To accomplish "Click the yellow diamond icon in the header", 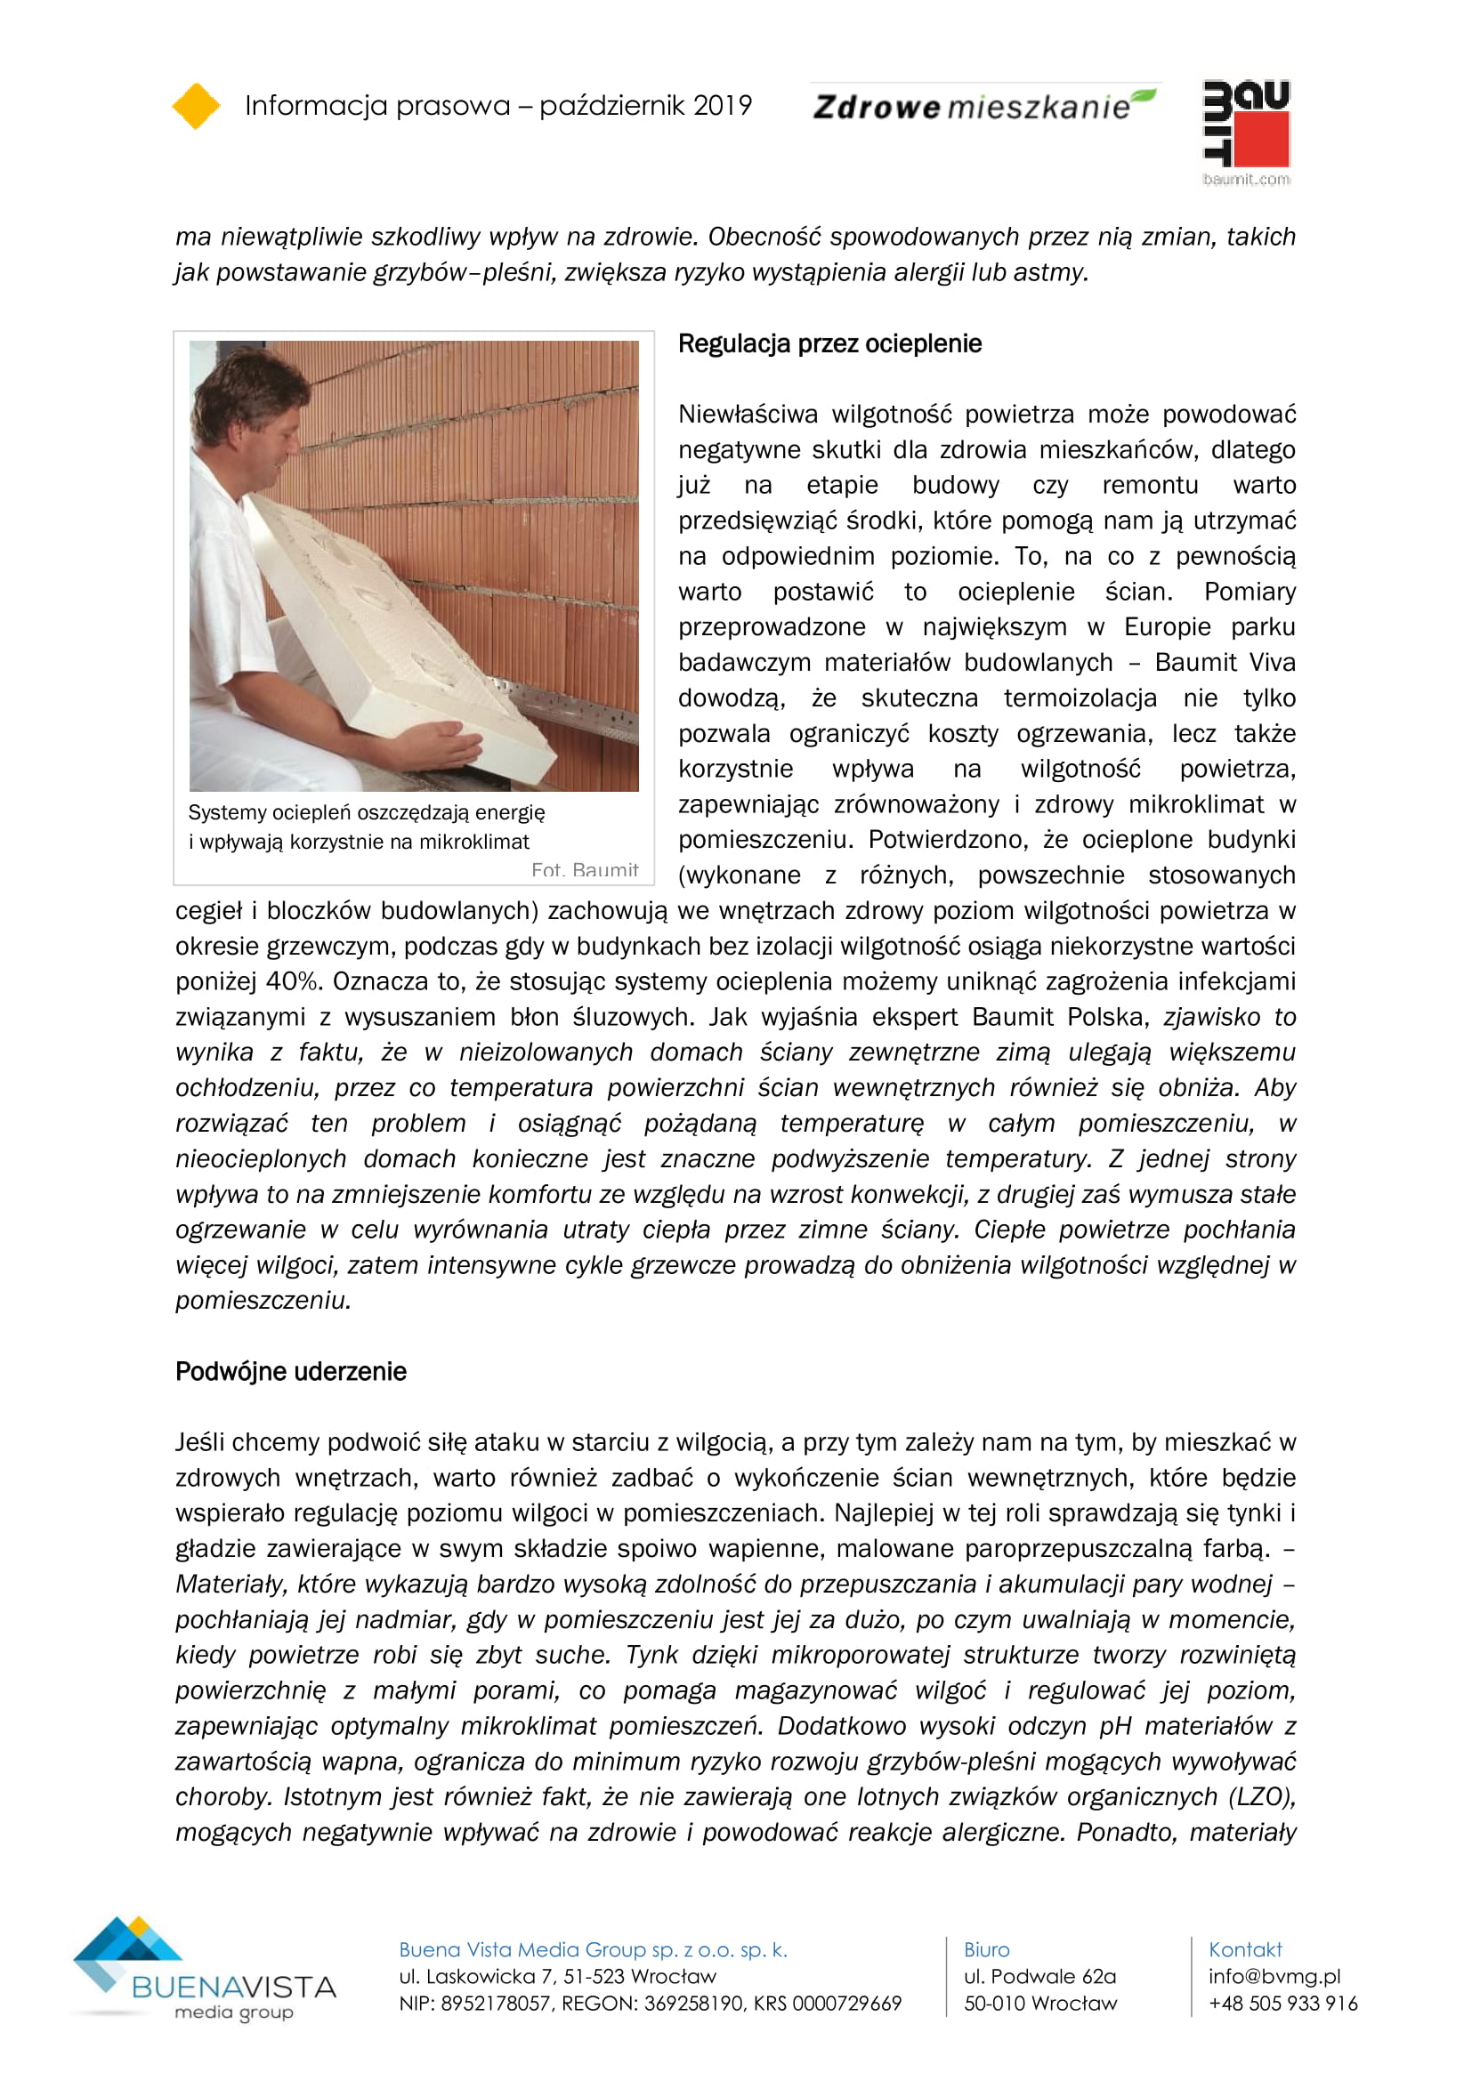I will [x=196, y=106].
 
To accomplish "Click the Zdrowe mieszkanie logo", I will [x=983, y=106].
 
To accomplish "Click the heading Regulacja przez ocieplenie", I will [x=829, y=344].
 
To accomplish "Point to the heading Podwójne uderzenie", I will [x=291, y=1371].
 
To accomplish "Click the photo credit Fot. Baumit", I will [x=585, y=870].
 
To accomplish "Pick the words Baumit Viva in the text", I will [x=1225, y=663].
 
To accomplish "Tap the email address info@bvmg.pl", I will [x=1274, y=1976].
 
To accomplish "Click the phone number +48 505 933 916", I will [x=1282, y=2003].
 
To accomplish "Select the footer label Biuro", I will [x=986, y=1949].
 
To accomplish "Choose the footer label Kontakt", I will [x=1244, y=1949].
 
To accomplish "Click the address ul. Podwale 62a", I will [x=1039, y=1976].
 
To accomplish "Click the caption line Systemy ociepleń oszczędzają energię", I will [x=366, y=813].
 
